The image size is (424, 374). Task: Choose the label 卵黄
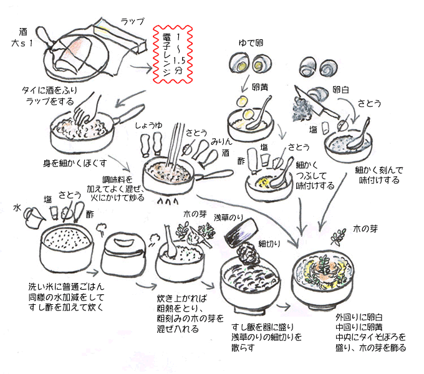coord(260,89)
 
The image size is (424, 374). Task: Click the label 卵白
coord(340,89)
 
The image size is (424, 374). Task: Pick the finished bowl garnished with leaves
coord(324,274)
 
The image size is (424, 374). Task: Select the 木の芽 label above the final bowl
coord(365,228)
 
